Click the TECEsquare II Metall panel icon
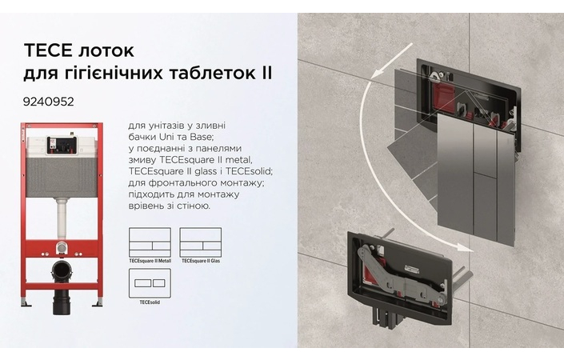point(150,242)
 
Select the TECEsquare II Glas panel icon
point(199,242)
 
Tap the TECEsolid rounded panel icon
point(150,284)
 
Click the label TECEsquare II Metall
point(150,260)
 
